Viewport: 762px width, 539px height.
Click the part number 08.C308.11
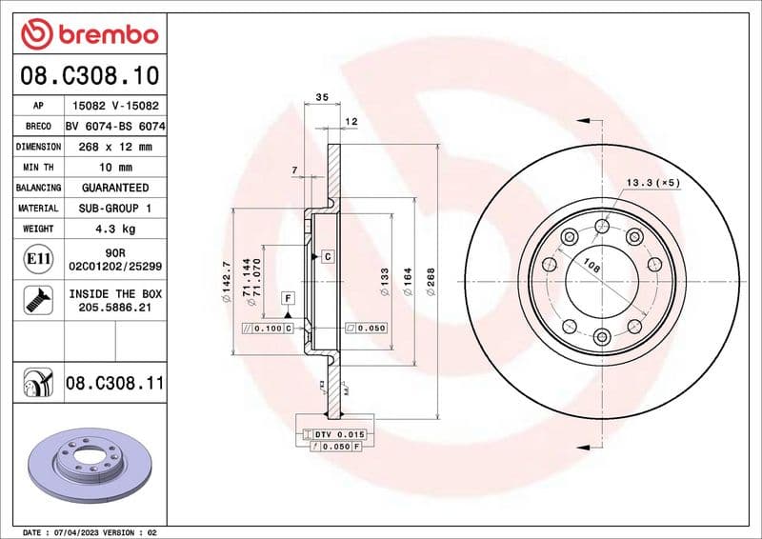[115, 384]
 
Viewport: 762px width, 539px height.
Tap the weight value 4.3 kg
[115, 229]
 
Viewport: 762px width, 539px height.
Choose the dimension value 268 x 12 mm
[115, 147]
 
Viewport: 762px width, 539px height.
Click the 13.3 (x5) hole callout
[652, 182]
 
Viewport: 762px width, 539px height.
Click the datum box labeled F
[286, 299]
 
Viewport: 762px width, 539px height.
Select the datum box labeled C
[327, 256]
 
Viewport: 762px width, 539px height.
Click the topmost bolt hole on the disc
[601, 226]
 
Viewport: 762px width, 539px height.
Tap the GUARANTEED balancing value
[115, 188]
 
